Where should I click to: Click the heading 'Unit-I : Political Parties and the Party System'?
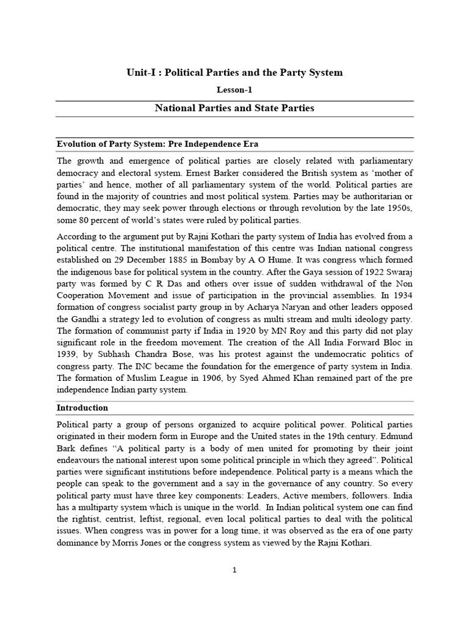[x=234, y=72]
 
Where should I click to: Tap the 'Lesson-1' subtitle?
[x=234, y=90]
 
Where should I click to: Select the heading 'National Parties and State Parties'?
[x=234, y=108]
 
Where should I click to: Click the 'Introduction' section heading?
[x=82, y=407]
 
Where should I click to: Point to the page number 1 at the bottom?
[x=234, y=570]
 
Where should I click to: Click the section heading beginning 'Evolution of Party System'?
[x=158, y=144]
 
